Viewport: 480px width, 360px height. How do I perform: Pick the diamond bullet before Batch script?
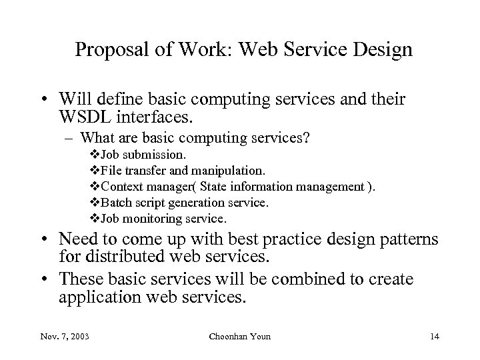point(93,203)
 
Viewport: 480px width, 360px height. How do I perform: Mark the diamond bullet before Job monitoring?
point(93,218)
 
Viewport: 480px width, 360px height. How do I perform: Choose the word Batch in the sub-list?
point(112,203)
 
